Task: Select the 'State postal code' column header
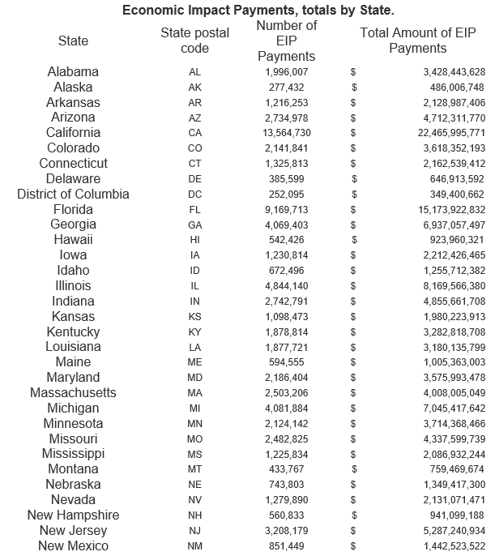coord(194,41)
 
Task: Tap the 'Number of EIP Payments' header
coord(286,41)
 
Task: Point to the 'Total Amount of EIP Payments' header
coord(417,41)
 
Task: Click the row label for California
coord(73,133)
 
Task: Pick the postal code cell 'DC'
coord(195,195)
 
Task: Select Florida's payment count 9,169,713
coord(287,210)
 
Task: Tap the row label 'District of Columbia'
coord(73,195)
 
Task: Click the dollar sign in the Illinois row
coord(353,286)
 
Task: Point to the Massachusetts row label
coord(73,393)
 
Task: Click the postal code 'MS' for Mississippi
coord(195,454)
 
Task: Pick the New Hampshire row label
coord(73,515)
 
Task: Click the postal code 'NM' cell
coord(195,546)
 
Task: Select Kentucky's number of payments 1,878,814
coord(287,332)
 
